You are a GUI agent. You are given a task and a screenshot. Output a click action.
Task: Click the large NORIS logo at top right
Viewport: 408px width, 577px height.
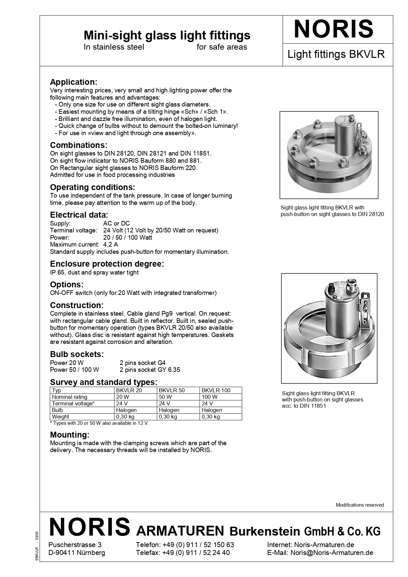(333, 29)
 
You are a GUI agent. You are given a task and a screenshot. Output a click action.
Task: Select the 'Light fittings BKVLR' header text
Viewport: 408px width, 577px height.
(336, 54)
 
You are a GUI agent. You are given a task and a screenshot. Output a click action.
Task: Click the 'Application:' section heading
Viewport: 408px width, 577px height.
(73, 82)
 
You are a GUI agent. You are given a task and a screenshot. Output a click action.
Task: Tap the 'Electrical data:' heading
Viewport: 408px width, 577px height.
(79, 215)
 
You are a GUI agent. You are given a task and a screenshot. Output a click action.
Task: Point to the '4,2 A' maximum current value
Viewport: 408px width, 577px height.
(111, 245)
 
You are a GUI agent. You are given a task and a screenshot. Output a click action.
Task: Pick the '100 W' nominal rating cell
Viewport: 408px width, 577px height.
(210, 397)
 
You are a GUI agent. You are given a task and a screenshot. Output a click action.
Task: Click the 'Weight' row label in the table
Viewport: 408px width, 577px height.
(60, 417)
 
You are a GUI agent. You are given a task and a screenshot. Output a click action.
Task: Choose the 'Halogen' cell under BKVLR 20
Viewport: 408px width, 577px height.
(126, 410)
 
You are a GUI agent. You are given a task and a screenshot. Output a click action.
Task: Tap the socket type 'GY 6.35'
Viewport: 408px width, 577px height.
(168, 370)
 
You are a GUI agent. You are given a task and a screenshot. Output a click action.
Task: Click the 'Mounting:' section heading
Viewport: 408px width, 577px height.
(69, 435)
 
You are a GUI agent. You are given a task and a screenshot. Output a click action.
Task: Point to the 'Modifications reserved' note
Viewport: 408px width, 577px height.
(360, 505)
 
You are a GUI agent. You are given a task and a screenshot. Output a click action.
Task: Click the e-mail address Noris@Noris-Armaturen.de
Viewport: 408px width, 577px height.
(332, 553)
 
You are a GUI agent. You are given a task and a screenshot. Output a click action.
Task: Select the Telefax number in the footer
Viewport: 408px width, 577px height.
(196, 553)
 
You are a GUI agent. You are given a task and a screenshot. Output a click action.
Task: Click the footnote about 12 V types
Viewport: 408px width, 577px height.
(99, 423)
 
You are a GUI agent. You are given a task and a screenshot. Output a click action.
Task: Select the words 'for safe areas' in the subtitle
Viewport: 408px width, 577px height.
(221, 47)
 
